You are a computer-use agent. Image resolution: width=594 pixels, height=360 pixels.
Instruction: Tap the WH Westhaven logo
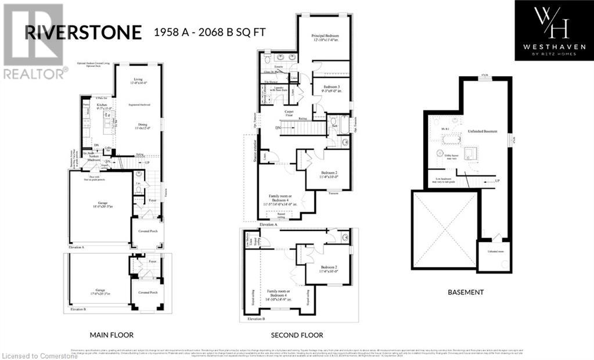[x=554, y=30]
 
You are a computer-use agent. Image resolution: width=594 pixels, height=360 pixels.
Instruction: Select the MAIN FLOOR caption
[x=111, y=335]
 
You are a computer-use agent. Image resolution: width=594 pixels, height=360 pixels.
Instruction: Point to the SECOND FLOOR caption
[x=297, y=335]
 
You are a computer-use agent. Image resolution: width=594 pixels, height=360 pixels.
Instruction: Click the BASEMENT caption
[x=466, y=292]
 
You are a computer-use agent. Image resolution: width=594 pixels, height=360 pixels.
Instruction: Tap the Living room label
[x=138, y=81]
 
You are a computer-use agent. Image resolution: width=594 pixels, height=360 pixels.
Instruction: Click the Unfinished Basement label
[x=483, y=132]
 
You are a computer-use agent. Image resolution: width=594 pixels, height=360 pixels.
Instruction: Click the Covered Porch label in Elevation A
[x=147, y=231]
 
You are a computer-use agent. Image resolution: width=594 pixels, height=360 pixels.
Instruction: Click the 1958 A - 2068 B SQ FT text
[x=210, y=33]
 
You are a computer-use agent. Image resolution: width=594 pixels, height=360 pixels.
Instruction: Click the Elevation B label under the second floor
[x=255, y=319]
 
